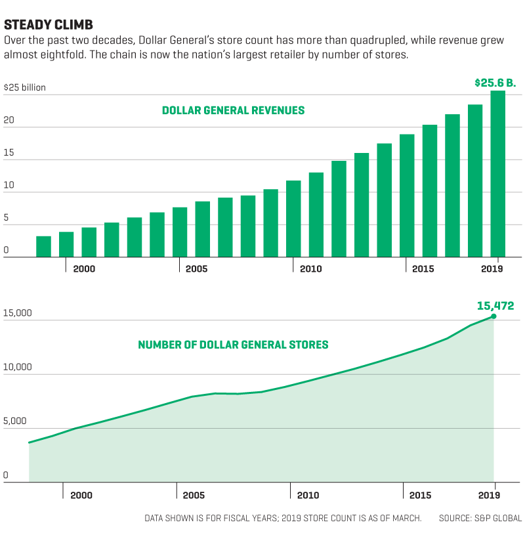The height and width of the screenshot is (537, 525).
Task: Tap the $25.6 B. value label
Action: tap(495, 83)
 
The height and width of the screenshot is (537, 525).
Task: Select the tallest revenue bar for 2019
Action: tap(497, 173)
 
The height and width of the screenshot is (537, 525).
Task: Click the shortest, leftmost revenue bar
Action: tap(43, 246)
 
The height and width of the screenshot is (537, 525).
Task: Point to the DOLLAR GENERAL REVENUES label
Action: tap(233, 110)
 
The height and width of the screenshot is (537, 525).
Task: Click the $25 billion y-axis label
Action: tap(25, 87)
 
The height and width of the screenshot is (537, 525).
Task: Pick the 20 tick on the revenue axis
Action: tap(9, 121)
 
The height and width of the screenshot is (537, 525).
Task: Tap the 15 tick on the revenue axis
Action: tap(9, 153)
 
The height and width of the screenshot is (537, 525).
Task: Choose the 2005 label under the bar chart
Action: tap(197, 269)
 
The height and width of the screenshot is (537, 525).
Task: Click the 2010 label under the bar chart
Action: tap(310, 269)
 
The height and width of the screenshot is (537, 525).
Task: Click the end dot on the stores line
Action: tap(493, 316)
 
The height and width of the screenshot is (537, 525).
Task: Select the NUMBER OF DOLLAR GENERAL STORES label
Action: tap(233, 345)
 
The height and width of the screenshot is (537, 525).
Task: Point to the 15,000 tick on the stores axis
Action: tap(18, 313)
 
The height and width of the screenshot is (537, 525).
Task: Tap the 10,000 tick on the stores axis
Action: tap(18, 367)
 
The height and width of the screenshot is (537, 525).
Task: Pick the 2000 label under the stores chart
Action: tap(81, 495)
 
